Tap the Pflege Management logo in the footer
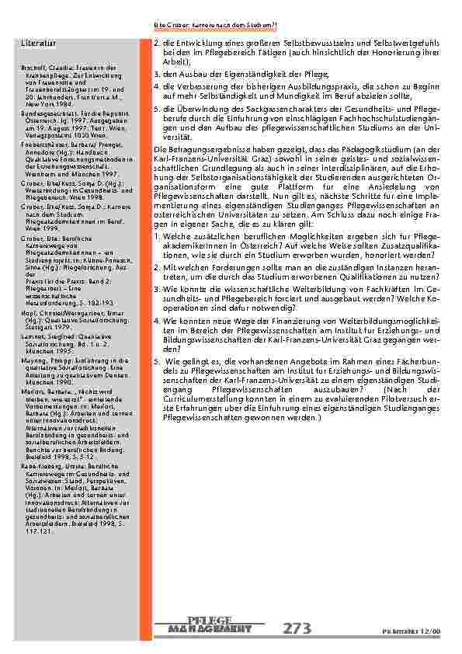210,624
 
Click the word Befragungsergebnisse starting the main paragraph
202,148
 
